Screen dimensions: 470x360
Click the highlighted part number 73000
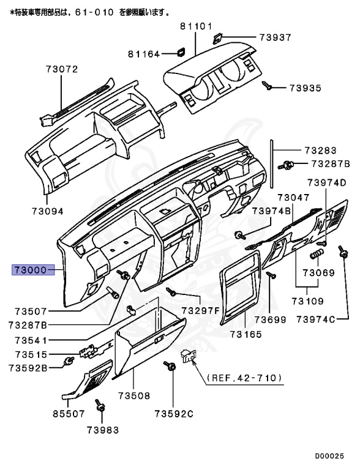pos(30,269)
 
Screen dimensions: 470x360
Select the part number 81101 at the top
pos(196,26)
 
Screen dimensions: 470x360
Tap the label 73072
pos(62,69)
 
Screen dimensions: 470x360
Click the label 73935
pos(305,88)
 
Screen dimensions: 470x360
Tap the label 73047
pos(293,197)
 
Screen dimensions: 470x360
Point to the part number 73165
pos(246,334)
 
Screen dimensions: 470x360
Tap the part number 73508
pos(134,396)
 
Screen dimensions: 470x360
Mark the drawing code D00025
pos(334,456)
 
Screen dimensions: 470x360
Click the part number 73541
pos(29,340)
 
